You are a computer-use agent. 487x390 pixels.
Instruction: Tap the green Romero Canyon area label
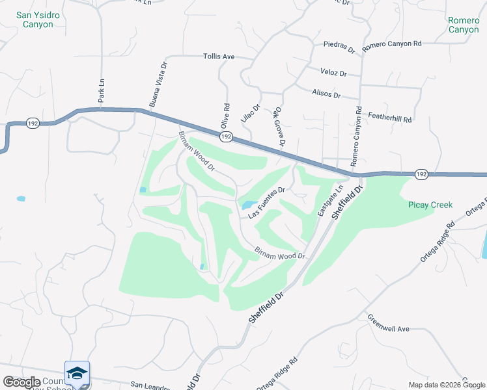(464, 25)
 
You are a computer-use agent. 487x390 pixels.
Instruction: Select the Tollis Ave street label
(219, 57)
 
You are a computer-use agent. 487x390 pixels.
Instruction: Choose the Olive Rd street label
(226, 115)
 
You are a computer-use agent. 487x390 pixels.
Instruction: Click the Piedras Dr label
(339, 49)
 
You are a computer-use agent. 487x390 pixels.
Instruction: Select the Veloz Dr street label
(333, 73)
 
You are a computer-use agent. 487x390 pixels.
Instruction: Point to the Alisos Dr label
(326, 94)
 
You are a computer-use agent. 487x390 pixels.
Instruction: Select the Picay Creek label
(430, 205)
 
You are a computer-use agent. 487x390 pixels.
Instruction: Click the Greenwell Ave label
(388, 326)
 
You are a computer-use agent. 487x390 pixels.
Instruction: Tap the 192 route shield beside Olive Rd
(226, 136)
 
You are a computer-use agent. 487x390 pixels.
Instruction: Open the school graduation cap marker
(77, 373)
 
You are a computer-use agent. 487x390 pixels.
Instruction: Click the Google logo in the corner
(21, 382)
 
